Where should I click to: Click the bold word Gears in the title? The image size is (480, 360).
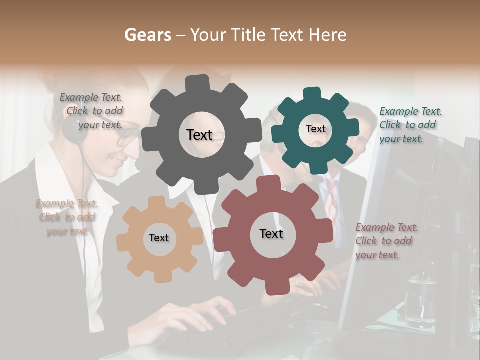[147, 35]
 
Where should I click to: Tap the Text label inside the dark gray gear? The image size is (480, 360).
[199, 135]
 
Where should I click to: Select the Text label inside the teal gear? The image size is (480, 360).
[315, 129]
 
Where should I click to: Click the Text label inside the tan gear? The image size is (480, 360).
[159, 238]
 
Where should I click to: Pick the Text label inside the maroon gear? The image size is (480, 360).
[271, 233]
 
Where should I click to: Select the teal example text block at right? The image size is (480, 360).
[410, 125]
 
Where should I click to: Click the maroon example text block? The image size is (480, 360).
[386, 241]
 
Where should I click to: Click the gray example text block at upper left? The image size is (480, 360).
[92, 111]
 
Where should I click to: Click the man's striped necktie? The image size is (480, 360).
[331, 200]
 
